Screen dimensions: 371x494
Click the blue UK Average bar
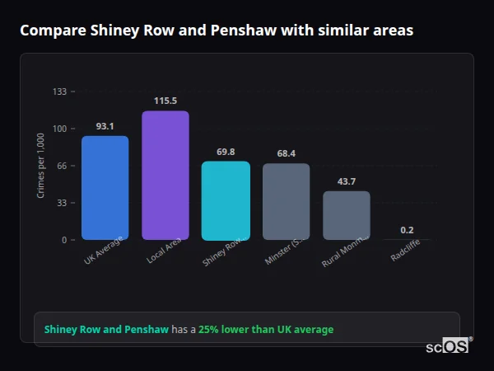point(105,188)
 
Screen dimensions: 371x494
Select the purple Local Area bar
point(165,176)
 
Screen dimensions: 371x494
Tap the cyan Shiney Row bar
point(226,200)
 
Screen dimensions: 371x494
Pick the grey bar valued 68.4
point(287,202)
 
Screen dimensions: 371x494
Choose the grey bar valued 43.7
point(347,215)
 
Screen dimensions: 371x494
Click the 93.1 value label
point(105,126)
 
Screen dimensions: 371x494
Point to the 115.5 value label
point(165,101)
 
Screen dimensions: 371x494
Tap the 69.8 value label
point(226,152)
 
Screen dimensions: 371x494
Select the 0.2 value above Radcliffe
point(407,230)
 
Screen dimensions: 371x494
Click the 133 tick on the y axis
point(59,92)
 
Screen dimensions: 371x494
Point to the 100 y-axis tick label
point(59,129)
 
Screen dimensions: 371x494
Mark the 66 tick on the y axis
point(61,166)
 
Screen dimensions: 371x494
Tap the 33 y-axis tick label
point(61,203)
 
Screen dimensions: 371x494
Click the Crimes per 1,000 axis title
point(41,166)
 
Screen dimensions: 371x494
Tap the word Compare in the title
point(49,31)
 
